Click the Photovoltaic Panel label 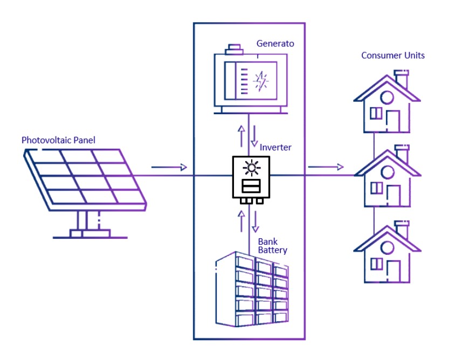[58, 141]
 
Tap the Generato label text [275, 44]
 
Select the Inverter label [277, 147]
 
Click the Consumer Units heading [392, 56]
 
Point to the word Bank [267, 241]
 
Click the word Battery [272, 251]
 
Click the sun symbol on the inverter [250, 168]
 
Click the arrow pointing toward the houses [326, 167]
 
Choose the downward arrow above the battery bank [257, 220]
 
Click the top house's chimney [401, 79]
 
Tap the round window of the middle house [387, 172]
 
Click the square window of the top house [376, 114]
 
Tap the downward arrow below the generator [253, 138]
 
